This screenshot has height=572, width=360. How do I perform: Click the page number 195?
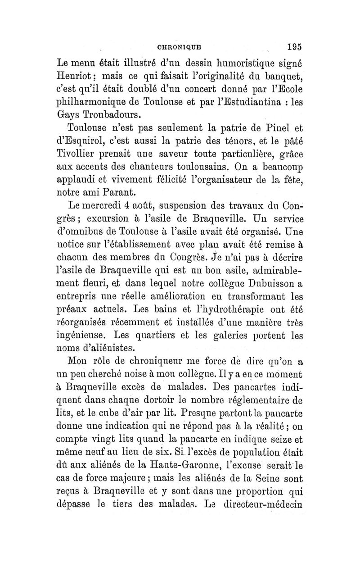(292, 45)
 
